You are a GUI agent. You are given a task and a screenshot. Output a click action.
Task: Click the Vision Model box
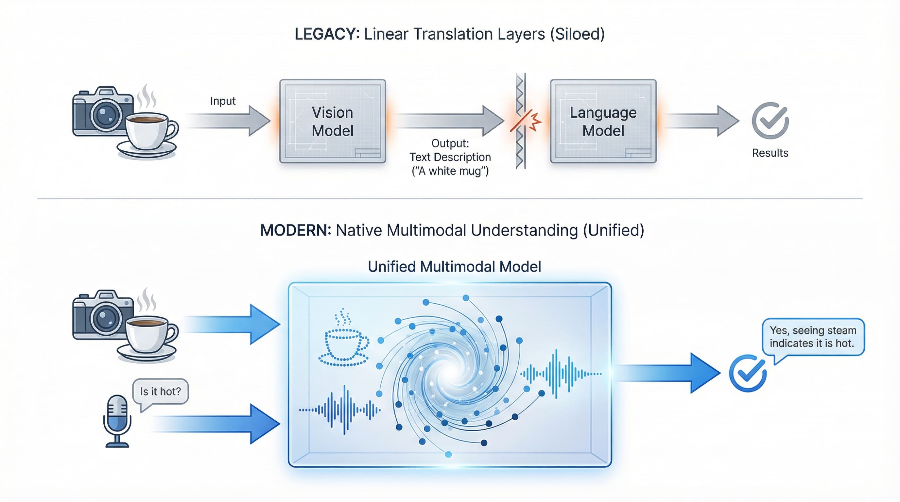[x=332, y=121]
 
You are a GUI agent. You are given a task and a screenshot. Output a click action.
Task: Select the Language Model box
[x=603, y=121]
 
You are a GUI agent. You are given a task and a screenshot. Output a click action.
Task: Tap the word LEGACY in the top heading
[x=327, y=34]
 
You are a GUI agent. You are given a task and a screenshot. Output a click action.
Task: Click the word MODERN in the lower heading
[x=296, y=230]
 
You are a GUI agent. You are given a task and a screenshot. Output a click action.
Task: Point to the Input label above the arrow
[x=223, y=101]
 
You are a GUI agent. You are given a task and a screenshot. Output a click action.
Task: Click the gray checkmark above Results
[x=770, y=121]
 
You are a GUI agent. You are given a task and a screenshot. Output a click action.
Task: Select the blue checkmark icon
[x=748, y=374]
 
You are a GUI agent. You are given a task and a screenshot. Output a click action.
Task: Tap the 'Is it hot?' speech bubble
[x=160, y=392]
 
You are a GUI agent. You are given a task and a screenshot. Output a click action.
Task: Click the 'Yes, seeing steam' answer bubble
[x=813, y=337]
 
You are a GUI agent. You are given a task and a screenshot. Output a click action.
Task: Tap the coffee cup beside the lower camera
[x=148, y=335]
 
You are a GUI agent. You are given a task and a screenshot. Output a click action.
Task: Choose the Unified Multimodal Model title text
[x=454, y=267]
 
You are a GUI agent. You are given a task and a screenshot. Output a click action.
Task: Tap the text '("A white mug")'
[x=450, y=171]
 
